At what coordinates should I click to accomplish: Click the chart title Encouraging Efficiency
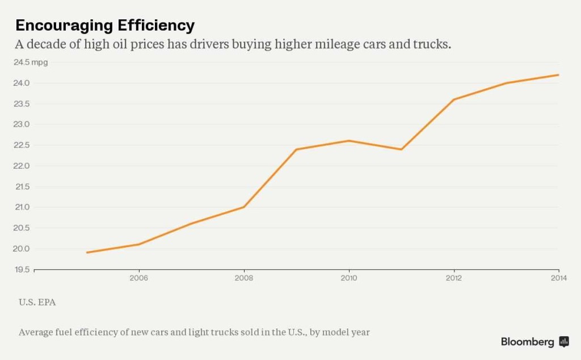point(105,26)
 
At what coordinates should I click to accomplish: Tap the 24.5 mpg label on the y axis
point(31,62)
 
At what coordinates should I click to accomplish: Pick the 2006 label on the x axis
point(138,278)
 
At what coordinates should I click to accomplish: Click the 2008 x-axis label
point(243,278)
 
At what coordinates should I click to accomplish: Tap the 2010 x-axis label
point(348,278)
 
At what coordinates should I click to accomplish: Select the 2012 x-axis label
point(453,278)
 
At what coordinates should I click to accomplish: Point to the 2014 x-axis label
point(558,278)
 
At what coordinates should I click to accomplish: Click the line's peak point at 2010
point(348,141)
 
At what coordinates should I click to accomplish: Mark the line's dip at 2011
point(401,149)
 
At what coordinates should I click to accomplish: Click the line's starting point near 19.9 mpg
point(87,253)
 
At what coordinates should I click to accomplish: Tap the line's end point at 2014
point(558,75)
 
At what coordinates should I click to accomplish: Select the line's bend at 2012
point(453,99)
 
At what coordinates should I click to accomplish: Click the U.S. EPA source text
point(37,302)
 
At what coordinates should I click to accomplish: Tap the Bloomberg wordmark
point(527,342)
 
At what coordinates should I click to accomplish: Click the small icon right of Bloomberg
point(564,341)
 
